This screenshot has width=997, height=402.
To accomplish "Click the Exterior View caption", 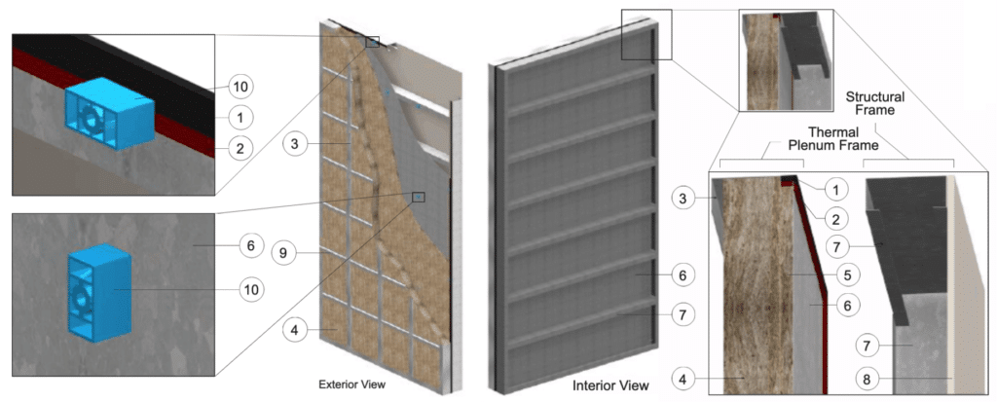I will (x=353, y=384).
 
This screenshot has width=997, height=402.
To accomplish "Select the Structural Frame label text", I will (x=874, y=104).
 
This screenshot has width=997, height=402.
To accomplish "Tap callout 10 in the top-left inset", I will (x=242, y=87).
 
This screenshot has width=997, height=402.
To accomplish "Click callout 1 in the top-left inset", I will (x=242, y=117).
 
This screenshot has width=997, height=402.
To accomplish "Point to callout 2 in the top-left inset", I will (x=242, y=148).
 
